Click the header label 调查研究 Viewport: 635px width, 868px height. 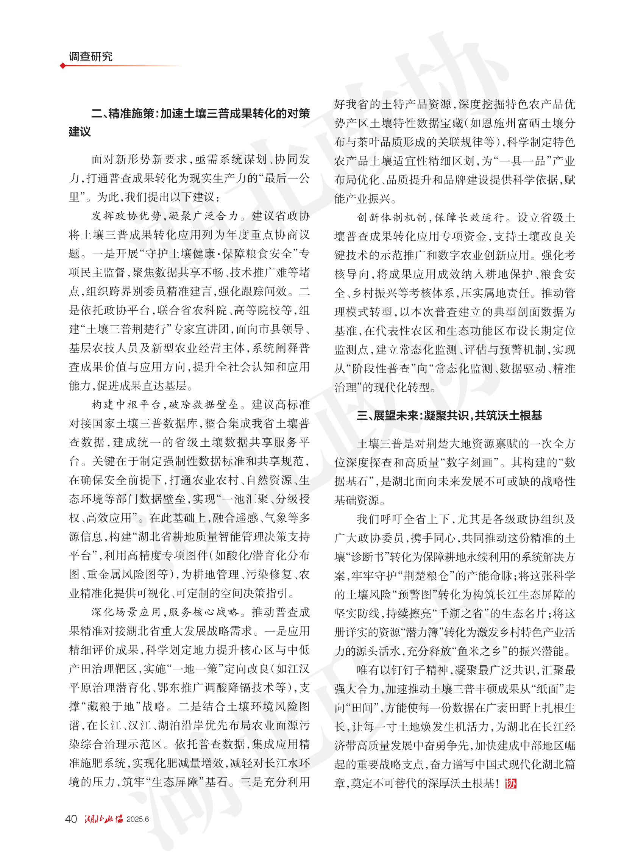pyautogui.click(x=90, y=56)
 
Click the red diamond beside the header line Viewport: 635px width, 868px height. pyautogui.click(x=62, y=66)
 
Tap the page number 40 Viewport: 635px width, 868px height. pyautogui.click(x=71, y=819)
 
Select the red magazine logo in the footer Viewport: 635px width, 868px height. pyautogui.click(x=104, y=819)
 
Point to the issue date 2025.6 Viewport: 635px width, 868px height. pyautogui.click(x=137, y=819)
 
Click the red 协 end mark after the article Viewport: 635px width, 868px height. pyautogui.click(x=511, y=784)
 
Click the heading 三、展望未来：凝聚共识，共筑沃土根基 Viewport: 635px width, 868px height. pyautogui.click(x=449, y=416)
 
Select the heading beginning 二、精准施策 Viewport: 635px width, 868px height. pyautogui.click(x=200, y=114)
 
